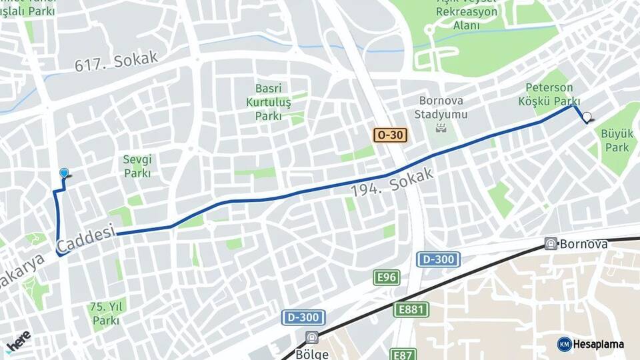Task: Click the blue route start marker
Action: pyautogui.click(x=64, y=173)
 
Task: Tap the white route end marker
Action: pyautogui.click(x=587, y=117)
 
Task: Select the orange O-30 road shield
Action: pyautogui.click(x=390, y=135)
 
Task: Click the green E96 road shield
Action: pyautogui.click(x=387, y=277)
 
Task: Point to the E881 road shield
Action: pyautogui.click(x=411, y=309)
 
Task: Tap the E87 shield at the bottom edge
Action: pyautogui.click(x=403, y=355)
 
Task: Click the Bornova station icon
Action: pyautogui.click(x=551, y=244)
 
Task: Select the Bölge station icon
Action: pyautogui.click(x=312, y=337)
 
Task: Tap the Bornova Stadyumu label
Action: pyautogui.click(x=443, y=107)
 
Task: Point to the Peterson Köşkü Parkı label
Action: pyautogui.click(x=549, y=95)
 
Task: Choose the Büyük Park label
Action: pyautogui.click(x=617, y=139)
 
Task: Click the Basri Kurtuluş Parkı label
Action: pyautogui.click(x=269, y=102)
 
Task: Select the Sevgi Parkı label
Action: pyautogui.click(x=137, y=166)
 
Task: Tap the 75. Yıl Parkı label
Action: pyautogui.click(x=105, y=314)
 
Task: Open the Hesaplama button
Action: pyautogui.click(x=591, y=344)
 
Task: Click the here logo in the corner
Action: pyautogui.click(x=18, y=341)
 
